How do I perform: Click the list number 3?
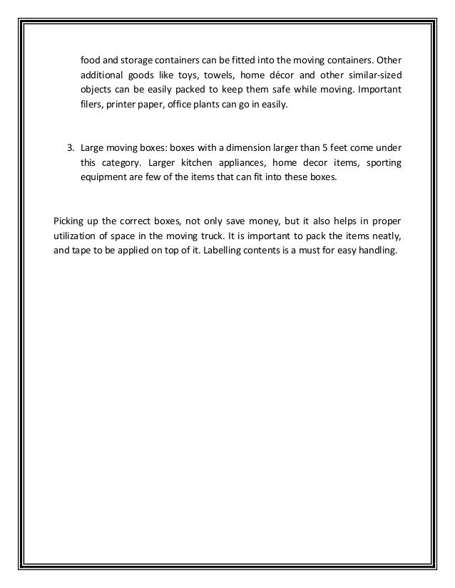click(x=70, y=147)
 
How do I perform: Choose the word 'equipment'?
click(x=103, y=179)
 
